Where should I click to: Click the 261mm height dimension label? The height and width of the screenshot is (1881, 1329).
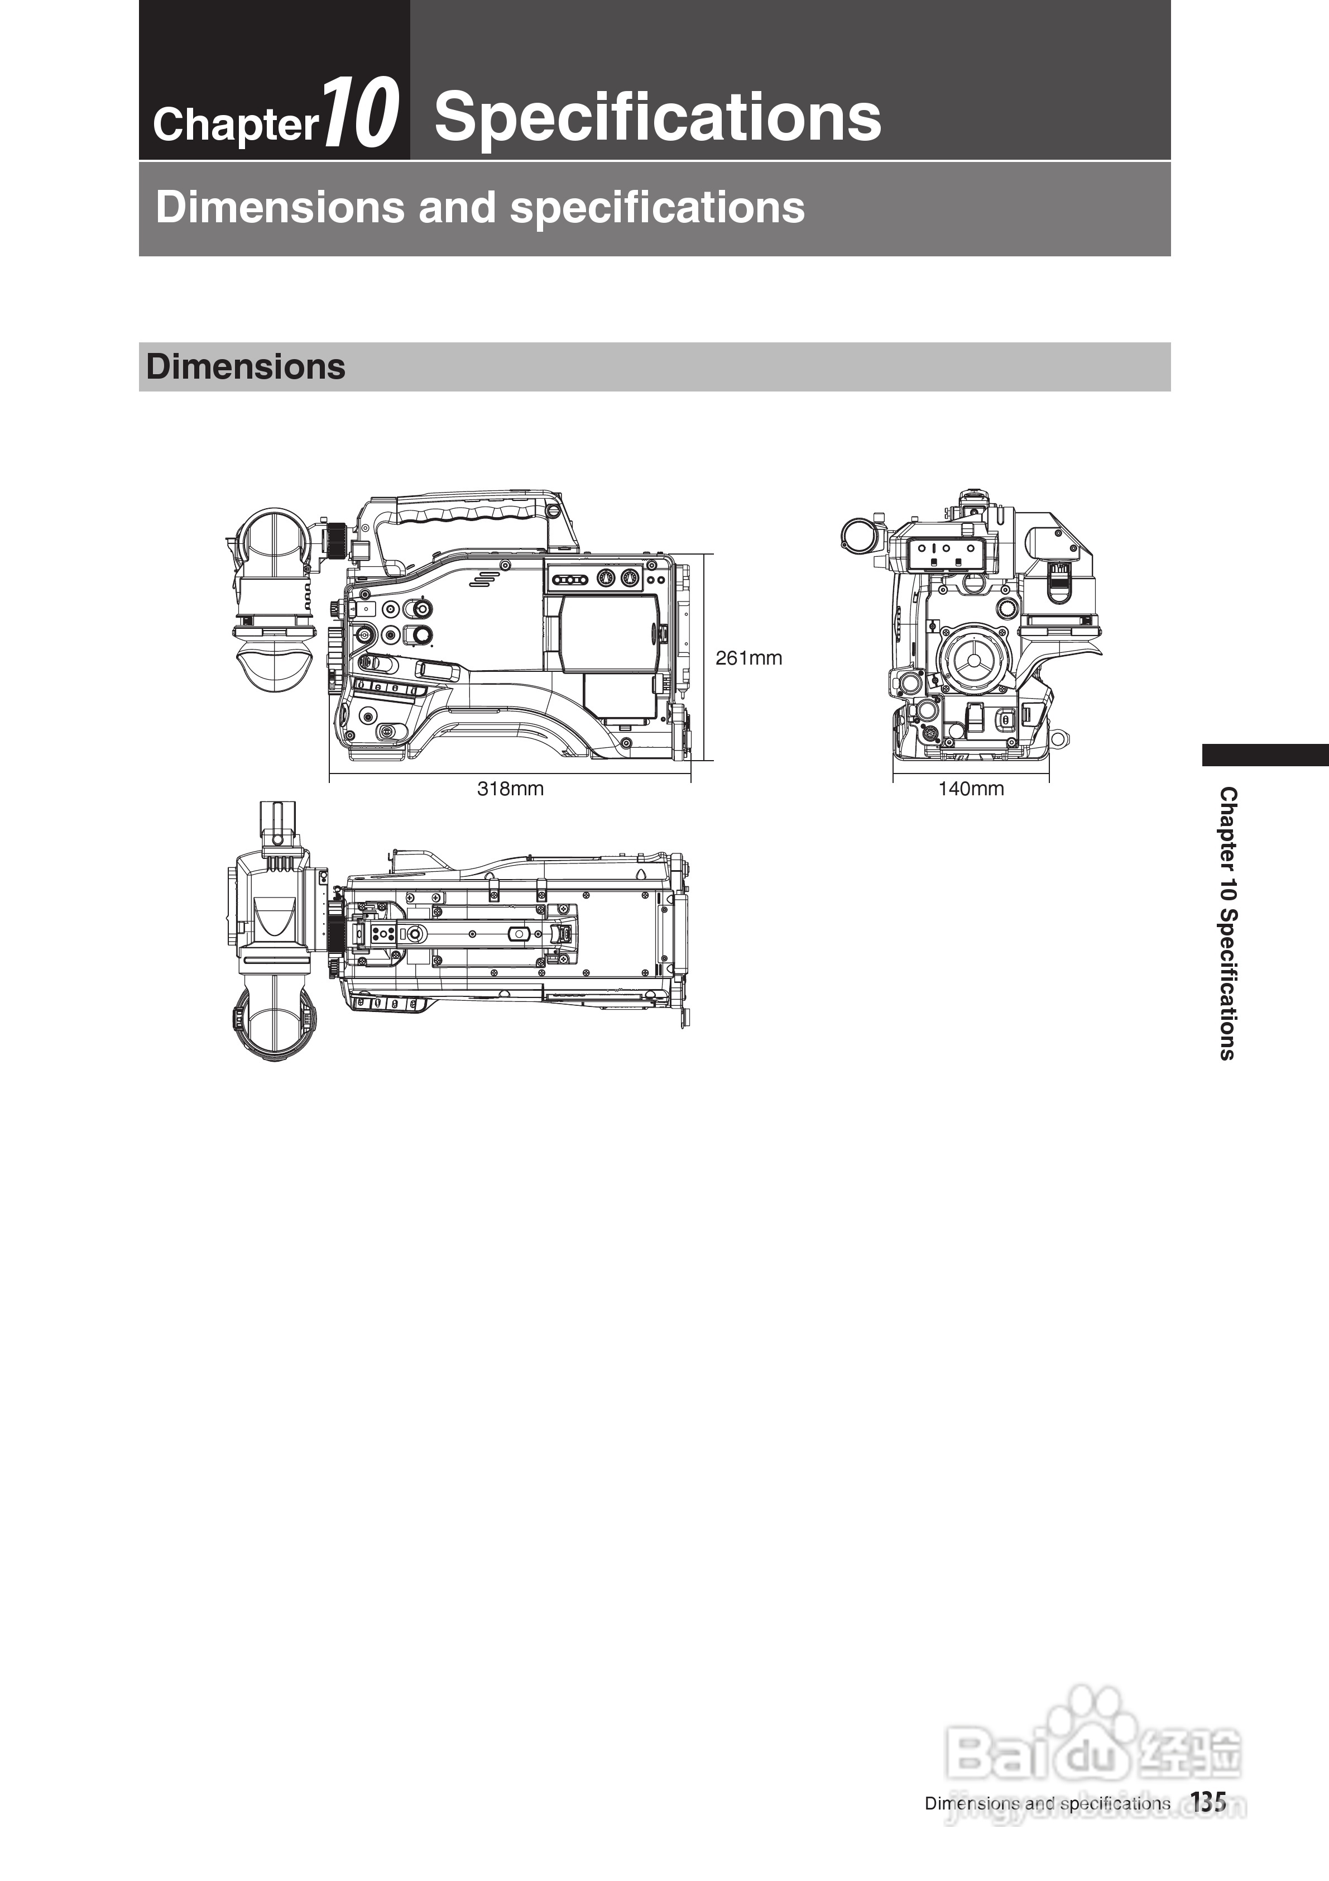click(x=749, y=658)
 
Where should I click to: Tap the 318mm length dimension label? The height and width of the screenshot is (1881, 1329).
click(x=510, y=789)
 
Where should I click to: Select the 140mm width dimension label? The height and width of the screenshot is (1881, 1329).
click(x=970, y=789)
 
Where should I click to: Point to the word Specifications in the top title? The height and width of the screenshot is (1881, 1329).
click(x=658, y=116)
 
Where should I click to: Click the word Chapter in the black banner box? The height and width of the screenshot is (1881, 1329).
click(x=235, y=125)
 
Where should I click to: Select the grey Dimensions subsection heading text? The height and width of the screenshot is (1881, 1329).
click(x=246, y=367)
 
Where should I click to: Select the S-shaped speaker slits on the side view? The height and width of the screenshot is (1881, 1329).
click(x=484, y=579)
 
